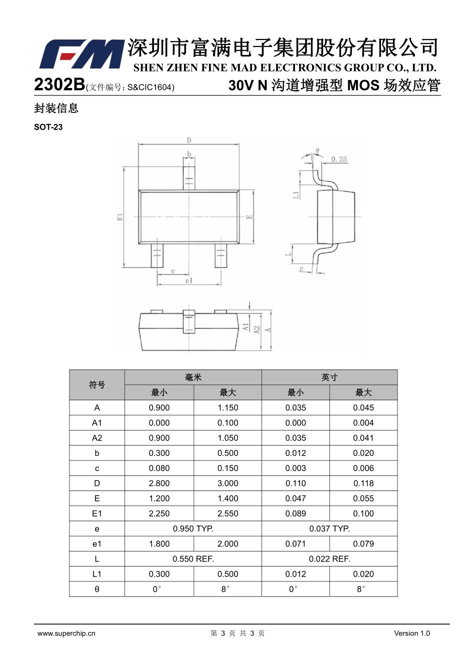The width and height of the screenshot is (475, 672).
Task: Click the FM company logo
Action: tap(81, 54)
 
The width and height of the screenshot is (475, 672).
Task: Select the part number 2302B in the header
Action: tap(59, 84)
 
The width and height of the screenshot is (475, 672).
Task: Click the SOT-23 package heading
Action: tap(48, 127)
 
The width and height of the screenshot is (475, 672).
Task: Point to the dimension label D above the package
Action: tap(188, 140)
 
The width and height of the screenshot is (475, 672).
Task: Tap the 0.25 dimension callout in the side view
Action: tap(339, 159)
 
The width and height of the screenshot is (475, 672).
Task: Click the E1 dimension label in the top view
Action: tap(120, 217)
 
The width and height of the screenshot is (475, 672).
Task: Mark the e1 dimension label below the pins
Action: tap(188, 280)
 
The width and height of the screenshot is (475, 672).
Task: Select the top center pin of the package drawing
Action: tap(189, 178)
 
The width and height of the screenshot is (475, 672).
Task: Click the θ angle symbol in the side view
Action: tap(317, 150)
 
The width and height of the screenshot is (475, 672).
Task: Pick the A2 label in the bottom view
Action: tap(257, 329)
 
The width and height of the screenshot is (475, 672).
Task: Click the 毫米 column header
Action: tap(193, 377)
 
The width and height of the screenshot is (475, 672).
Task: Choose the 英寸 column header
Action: tap(329, 377)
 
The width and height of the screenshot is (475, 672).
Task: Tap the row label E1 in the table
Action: tap(97, 513)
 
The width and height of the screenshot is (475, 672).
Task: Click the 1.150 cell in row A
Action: tap(227, 407)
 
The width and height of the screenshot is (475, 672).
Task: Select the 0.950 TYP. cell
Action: tap(193, 528)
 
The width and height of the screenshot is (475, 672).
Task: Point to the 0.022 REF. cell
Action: tap(330, 559)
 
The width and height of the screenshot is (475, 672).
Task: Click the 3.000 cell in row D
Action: tap(227, 483)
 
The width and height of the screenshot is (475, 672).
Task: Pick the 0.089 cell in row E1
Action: tap(295, 513)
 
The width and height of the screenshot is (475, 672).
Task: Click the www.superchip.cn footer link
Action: tap(66, 633)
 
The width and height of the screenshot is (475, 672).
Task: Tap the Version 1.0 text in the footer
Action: tap(412, 633)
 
